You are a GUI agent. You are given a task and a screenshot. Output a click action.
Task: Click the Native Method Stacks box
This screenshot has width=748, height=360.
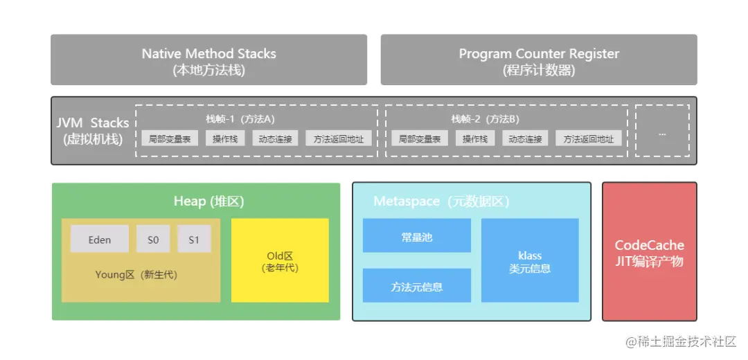[x=208, y=60]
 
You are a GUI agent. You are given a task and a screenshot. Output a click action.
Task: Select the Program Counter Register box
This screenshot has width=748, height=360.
[x=538, y=60]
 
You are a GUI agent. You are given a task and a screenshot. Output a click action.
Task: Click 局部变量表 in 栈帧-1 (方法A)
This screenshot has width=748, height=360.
[x=170, y=138]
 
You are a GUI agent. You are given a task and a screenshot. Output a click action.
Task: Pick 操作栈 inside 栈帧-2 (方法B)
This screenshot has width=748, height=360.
[x=475, y=138]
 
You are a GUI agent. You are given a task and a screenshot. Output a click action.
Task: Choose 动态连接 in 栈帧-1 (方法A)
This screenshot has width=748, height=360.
[x=275, y=138]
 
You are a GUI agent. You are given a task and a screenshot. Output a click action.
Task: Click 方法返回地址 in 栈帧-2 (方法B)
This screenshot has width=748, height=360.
[x=588, y=138]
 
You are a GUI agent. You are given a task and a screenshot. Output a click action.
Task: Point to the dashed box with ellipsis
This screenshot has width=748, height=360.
[x=662, y=131]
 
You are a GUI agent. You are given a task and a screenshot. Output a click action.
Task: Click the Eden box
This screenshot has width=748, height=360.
[x=99, y=240]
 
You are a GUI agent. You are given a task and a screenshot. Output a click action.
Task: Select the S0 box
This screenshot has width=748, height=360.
[x=153, y=240]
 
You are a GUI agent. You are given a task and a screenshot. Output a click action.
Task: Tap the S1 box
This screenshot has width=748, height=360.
[x=194, y=240]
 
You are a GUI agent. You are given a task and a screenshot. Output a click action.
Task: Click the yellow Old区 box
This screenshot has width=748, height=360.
[x=280, y=261]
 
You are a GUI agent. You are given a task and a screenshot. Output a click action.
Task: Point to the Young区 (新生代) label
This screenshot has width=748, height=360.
[x=136, y=275]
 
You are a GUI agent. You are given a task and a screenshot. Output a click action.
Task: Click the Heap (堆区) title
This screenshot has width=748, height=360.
[x=208, y=201]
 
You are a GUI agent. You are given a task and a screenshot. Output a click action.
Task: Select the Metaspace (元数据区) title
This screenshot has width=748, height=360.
[x=441, y=201]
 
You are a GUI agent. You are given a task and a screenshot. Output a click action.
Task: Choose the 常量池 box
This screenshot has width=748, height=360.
[x=416, y=236]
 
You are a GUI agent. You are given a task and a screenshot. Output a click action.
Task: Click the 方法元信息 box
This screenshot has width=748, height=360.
[x=416, y=286]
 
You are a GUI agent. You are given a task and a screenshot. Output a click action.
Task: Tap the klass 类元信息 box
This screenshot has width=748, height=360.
[x=530, y=261]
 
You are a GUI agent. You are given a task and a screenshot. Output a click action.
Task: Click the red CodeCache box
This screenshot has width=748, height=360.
[x=649, y=253]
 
